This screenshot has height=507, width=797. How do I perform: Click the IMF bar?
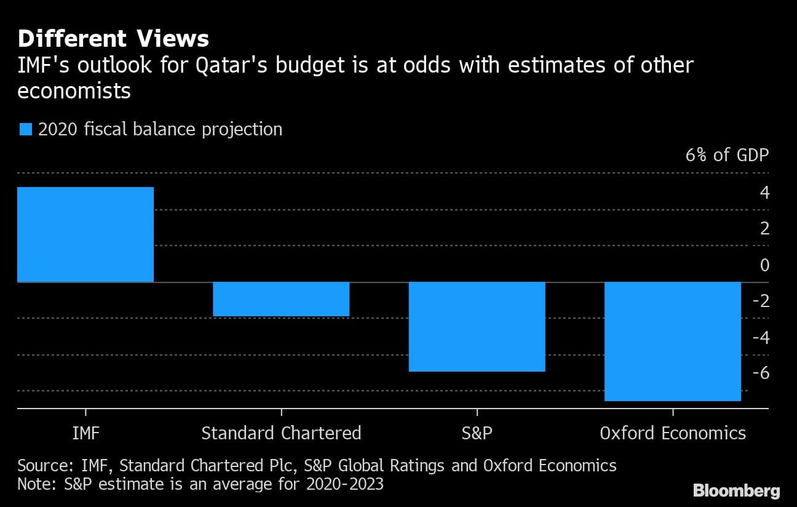85,234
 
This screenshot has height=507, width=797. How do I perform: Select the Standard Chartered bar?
281,299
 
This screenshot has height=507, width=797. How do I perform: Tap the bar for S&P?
477,327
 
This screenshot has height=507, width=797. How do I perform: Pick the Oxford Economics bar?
673,341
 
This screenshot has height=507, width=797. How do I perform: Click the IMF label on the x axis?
85,433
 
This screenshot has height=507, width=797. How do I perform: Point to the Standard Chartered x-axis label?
281,433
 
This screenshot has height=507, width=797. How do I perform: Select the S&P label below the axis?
477,433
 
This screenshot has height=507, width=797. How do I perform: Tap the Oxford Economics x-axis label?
673,433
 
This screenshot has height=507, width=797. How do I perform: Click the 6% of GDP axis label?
727,154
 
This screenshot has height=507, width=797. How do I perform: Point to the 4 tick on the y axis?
764,193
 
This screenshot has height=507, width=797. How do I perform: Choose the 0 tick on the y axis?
764,265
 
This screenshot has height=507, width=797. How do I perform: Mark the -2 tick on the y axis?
761,301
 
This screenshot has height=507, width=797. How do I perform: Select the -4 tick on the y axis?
761,337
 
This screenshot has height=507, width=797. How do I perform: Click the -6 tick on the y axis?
761,373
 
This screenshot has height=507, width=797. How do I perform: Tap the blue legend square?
25,130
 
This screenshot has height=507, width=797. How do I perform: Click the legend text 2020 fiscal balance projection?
160,130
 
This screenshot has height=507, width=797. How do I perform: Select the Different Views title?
113,39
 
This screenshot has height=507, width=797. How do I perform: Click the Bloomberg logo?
736,490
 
